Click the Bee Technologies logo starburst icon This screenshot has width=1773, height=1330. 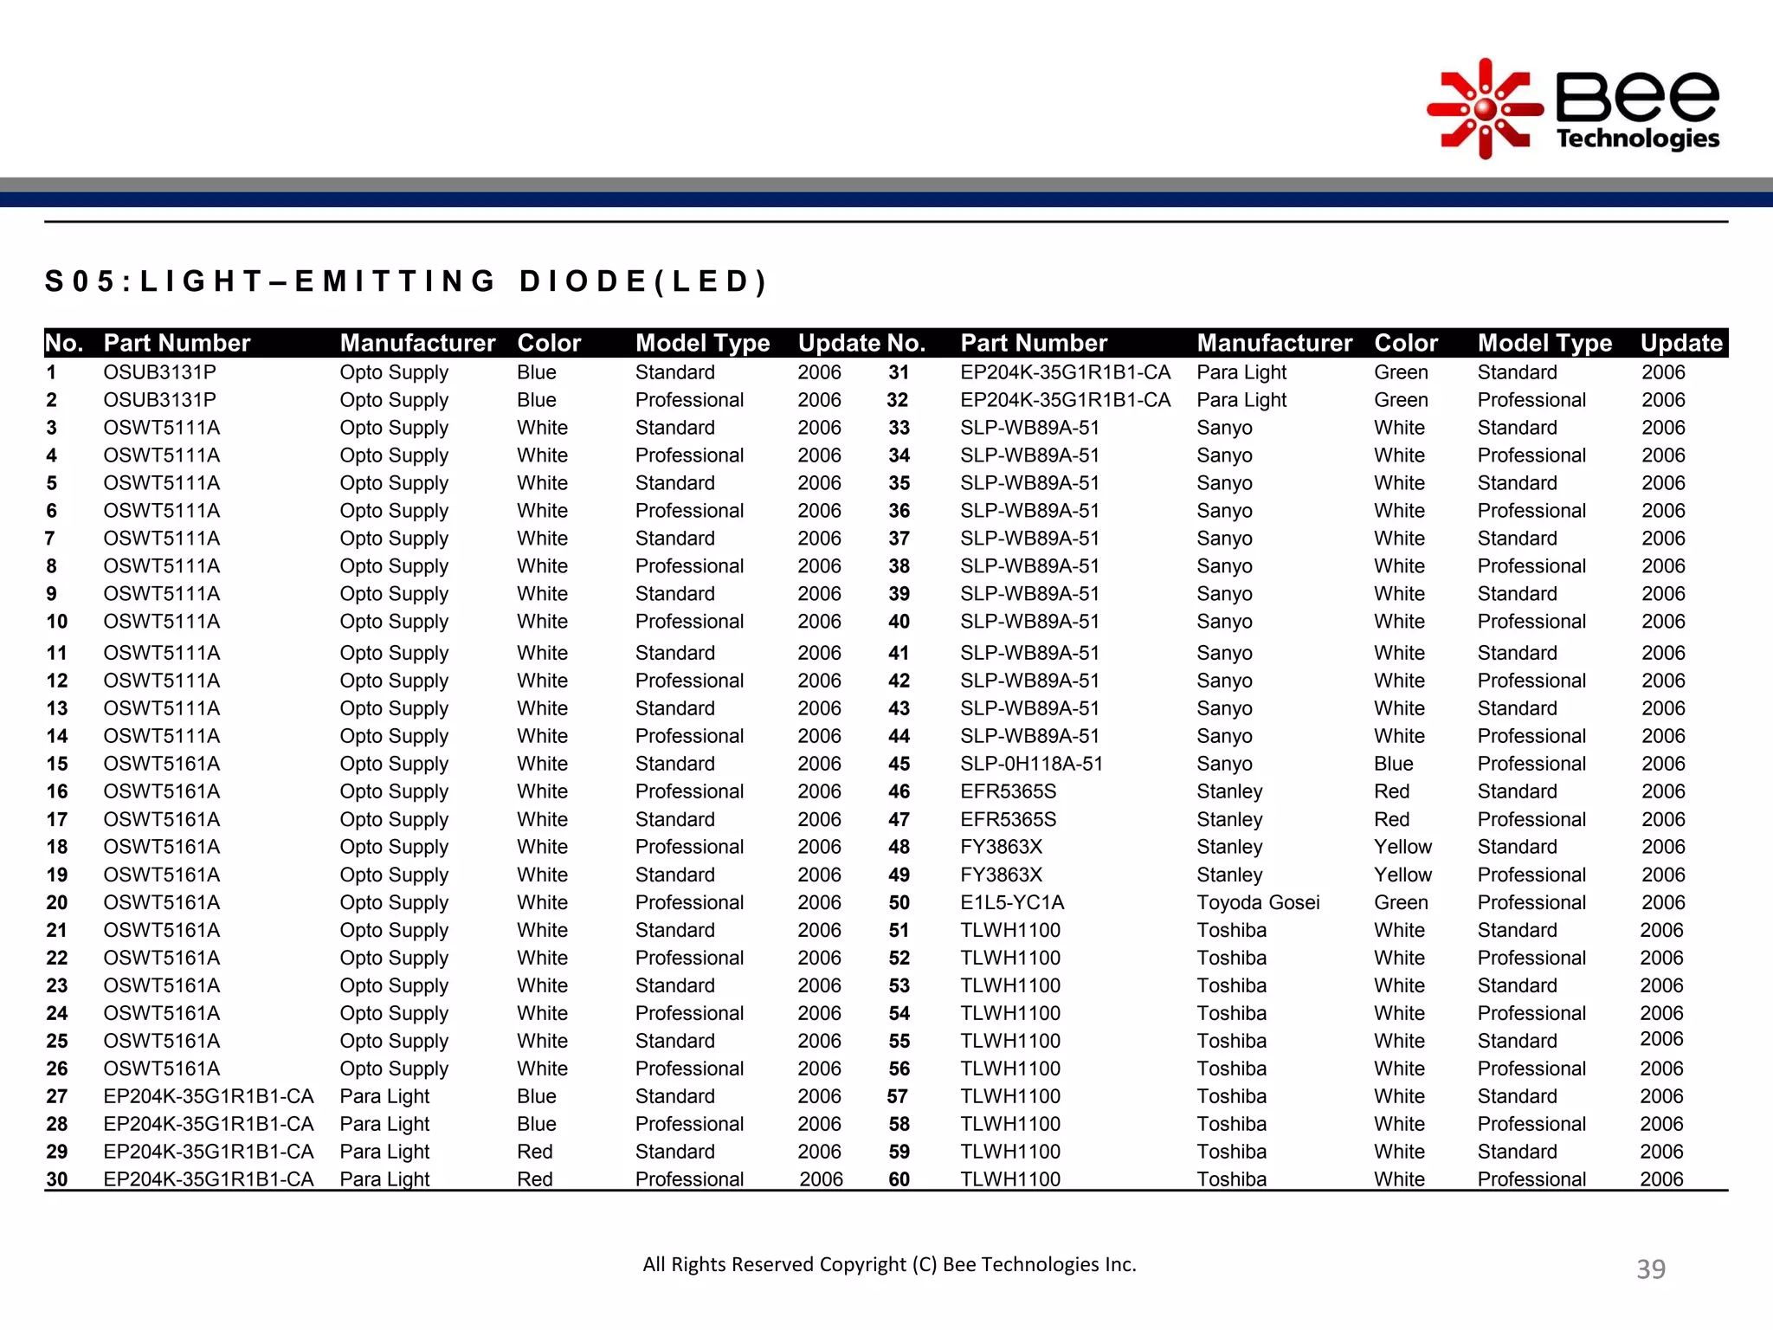click(1485, 109)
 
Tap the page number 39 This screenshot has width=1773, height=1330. click(1650, 1269)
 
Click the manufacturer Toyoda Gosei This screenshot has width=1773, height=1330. click(1258, 902)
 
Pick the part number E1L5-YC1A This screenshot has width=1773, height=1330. click(1012, 902)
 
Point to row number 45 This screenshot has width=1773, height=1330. click(899, 764)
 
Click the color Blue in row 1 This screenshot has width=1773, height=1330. click(537, 372)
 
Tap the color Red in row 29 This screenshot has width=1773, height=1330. click(535, 1152)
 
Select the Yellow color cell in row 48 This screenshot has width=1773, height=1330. click(1402, 847)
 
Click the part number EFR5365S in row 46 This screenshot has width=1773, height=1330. click(1009, 791)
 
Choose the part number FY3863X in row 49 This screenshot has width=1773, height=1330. click(1002, 875)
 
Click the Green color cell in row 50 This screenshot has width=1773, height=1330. click(1401, 902)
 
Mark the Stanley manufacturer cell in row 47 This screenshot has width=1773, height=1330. click(1229, 819)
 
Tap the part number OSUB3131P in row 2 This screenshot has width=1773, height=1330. click(160, 400)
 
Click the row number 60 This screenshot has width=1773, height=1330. click(899, 1179)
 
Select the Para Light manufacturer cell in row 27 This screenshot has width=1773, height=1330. click(384, 1096)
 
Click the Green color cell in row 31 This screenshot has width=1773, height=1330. click(1401, 372)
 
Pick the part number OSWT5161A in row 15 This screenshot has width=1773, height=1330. click(162, 764)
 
